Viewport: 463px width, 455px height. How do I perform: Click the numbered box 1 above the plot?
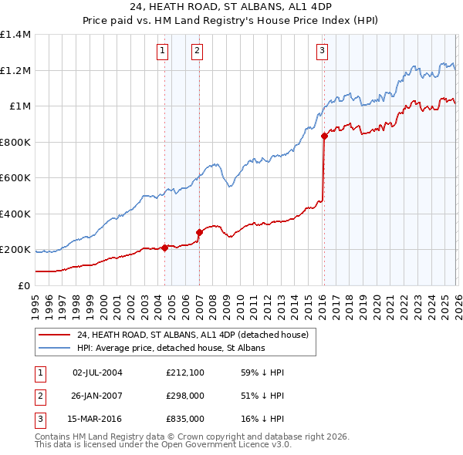click(164, 52)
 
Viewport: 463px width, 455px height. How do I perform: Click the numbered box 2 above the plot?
click(198, 52)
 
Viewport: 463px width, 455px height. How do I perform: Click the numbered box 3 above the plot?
click(322, 52)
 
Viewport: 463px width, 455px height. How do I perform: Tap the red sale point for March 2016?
click(324, 136)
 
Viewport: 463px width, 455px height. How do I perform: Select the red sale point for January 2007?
click(199, 232)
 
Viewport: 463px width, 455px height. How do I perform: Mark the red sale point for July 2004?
click(164, 248)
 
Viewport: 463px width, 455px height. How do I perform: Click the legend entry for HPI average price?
click(171, 348)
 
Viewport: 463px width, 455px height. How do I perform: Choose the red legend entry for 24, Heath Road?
click(192, 335)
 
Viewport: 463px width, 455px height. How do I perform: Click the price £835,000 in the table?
click(184, 419)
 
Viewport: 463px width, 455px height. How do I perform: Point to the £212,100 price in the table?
click(184, 372)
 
